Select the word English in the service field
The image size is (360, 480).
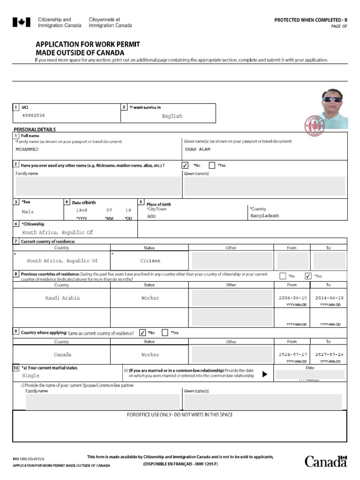click(x=172, y=116)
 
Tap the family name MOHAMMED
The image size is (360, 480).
click(x=27, y=150)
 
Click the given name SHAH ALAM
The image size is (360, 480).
click(x=198, y=150)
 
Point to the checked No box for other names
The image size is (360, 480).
click(x=185, y=165)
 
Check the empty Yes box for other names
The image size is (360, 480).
click(x=212, y=165)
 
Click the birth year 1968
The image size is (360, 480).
click(x=82, y=210)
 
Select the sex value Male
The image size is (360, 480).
click(x=28, y=212)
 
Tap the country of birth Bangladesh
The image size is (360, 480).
click(x=264, y=216)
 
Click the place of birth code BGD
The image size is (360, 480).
click(x=151, y=217)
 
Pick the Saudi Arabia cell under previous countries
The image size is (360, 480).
click(x=62, y=298)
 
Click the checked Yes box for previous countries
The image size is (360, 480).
click(x=308, y=276)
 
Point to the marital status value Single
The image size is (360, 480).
click(x=31, y=376)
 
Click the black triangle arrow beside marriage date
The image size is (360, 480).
click(x=265, y=375)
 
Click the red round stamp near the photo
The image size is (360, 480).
click(x=315, y=125)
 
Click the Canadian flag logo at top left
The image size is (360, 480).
click(x=21, y=22)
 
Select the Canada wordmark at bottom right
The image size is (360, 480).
click(x=326, y=461)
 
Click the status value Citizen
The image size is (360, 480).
click(x=150, y=261)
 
